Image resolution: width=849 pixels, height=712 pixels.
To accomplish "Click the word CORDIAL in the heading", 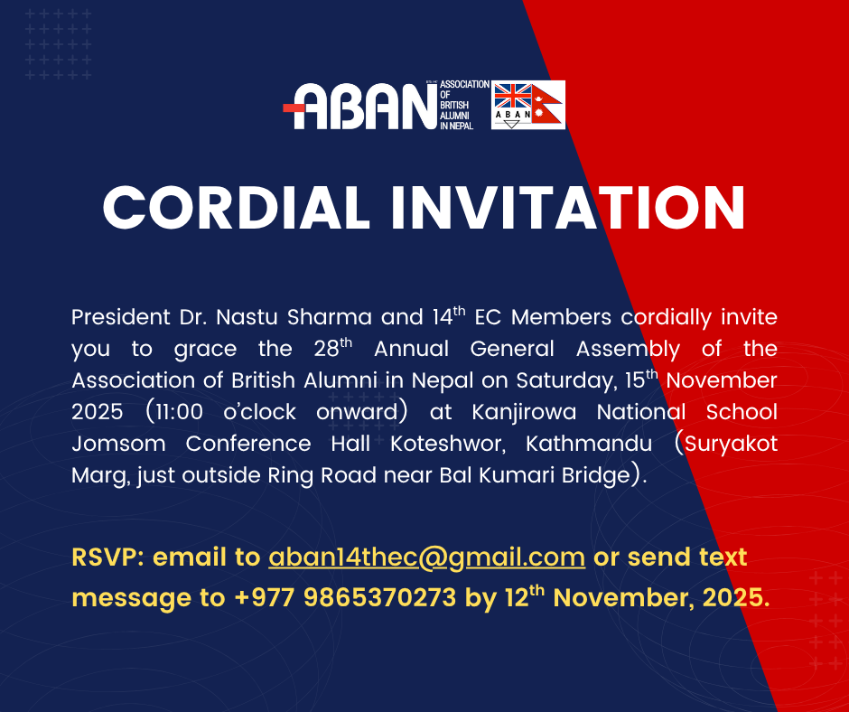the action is [237, 208].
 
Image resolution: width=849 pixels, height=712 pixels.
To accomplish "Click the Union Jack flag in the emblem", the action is [513, 96].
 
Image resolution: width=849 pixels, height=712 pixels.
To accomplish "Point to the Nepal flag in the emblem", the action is [547, 105].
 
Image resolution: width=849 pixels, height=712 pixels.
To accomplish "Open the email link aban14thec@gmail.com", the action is [426, 557].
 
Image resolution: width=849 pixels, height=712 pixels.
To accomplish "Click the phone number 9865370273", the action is [379, 597].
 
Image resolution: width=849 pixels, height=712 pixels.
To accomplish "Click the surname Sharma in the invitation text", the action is [329, 317].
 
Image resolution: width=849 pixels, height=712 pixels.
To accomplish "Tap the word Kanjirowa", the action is [524, 412].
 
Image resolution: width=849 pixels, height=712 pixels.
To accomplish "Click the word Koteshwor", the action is [448, 444].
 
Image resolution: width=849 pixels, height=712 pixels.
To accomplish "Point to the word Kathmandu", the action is [589, 444].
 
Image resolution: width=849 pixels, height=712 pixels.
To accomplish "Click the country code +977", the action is [265, 597].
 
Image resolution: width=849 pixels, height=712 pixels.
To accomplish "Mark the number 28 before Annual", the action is [326, 349].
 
